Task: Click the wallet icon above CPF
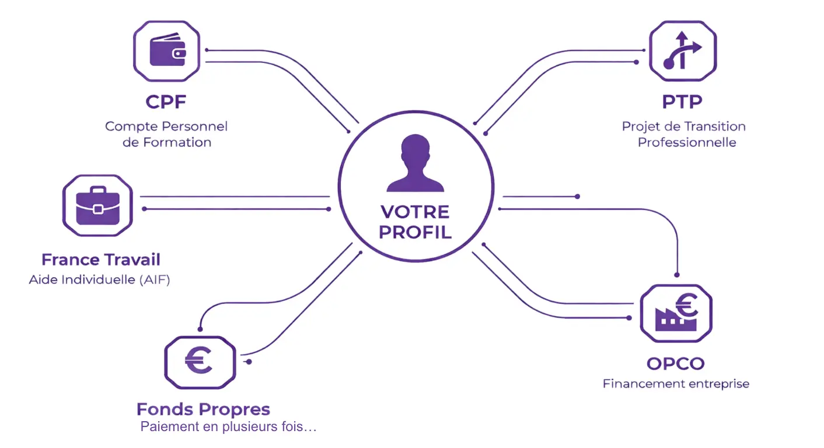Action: [x=167, y=51]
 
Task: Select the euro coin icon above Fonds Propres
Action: [x=200, y=362]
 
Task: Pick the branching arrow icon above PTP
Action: [x=683, y=51]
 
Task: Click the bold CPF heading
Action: [x=166, y=102]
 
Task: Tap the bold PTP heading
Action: [x=682, y=102]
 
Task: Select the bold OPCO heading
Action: [x=675, y=364]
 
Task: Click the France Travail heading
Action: [x=100, y=260]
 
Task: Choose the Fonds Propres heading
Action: [x=203, y=409]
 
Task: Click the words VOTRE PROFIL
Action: [x=415, y=222]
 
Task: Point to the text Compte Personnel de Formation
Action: [x=166, y=134]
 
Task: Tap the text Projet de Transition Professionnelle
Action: [x=684, y=134]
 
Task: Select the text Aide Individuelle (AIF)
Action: [x=99, y=280]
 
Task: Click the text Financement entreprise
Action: [x=676, y=384]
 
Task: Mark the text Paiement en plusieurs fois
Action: [x=228, y=427]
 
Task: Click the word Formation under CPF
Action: [x=183, y=142]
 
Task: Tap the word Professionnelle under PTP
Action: [x=687, y=142]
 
